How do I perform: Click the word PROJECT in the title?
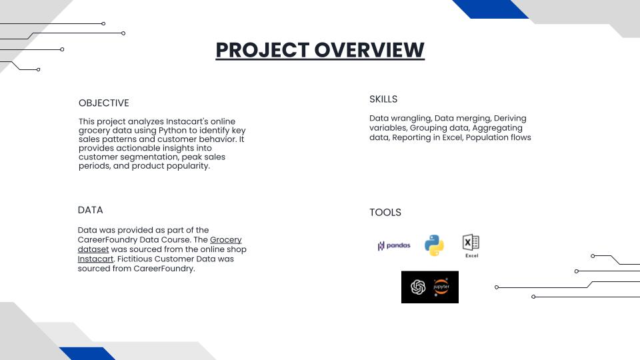pos(263,50)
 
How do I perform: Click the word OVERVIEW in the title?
pos(369,50)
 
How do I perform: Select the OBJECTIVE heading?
pos(104,103)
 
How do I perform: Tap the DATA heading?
pos(90,210)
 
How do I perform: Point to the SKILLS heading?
pos(383,99)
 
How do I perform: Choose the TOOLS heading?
pos(385,212)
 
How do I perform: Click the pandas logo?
pos(394,245)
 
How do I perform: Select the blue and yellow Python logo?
pos(434,245)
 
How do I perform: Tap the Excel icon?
pos(471,246)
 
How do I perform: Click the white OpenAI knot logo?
pos(418,287)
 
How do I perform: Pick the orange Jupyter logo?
pos(441,287)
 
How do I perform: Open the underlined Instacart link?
pos(95,259)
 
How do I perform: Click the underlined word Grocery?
pos(226,240)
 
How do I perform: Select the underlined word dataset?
pos(93,249)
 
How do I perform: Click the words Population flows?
pos(499,137)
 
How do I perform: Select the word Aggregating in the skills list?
pos(497,128)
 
